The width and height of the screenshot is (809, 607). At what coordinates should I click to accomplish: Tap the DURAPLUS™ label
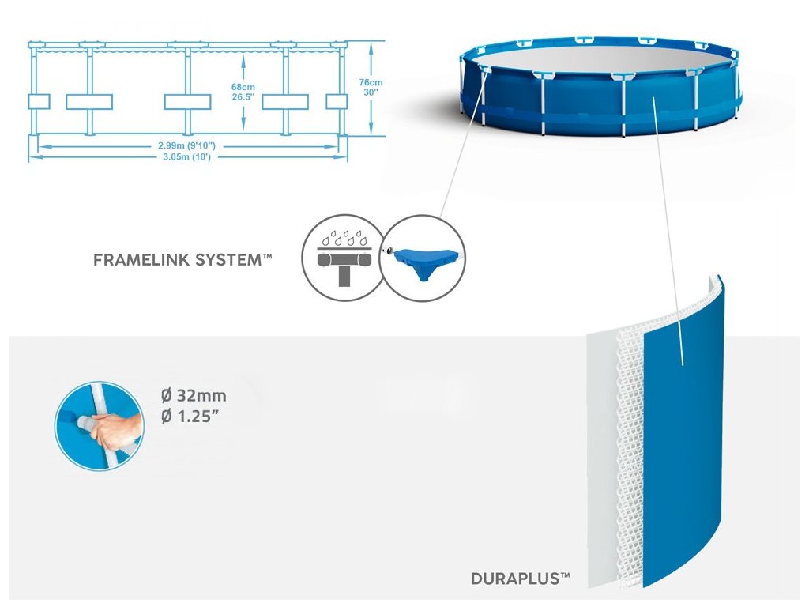click(x=520, y=579)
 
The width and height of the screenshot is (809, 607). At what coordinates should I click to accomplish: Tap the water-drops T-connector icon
click(x=341, y=259)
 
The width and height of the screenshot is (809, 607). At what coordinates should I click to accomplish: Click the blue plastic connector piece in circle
click(x=423, y=259)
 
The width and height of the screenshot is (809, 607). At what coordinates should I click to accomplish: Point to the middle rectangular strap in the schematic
click(x=187, y=102)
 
